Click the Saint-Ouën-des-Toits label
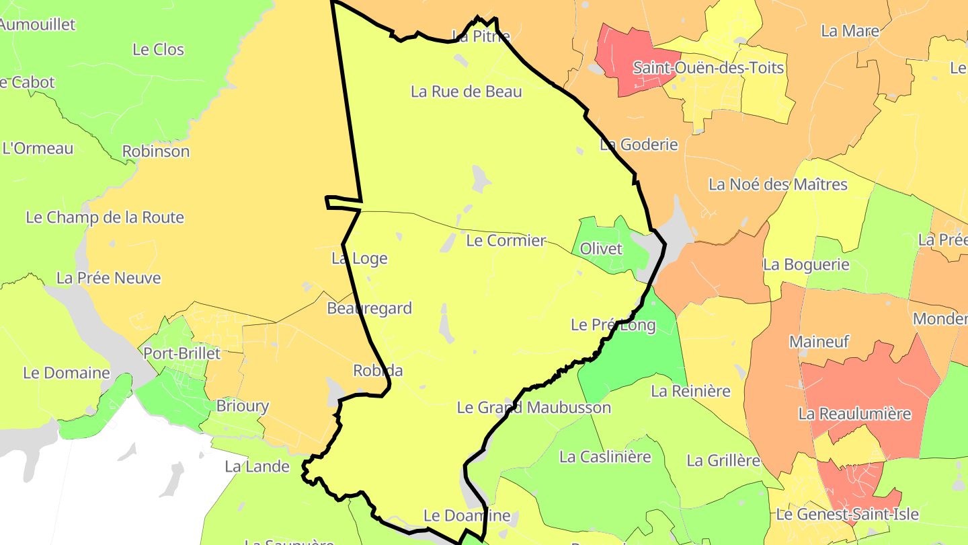[x=709, y=68]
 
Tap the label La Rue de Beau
[x=467, y=92]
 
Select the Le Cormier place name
[x=506, y=240]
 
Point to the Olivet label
[x=601, y=248]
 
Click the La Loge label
[x=360, y=258]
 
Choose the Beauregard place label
[x=369, y=309]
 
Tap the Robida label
[x=378, y=371]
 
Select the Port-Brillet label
[x=182, y=353]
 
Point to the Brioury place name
[x=242, y=406]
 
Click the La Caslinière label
[x=605, y=457]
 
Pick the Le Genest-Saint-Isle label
[x=847, y=515]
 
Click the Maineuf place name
[x=819, y=342]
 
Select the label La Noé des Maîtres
[x=778, y=184]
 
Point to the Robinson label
[x=156, y=151]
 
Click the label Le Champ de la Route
[x=105, y=217]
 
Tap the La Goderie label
[x=639, y=145]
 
